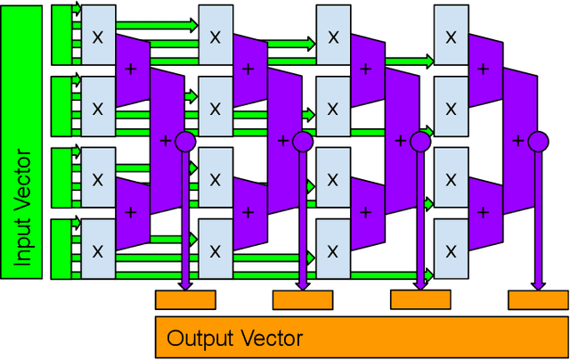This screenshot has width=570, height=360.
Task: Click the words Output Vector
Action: click(x=235, y=338)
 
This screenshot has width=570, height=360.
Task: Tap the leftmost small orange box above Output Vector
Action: click(x=185, y=299)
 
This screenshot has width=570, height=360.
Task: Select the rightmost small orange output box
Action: click(x=537, y=299)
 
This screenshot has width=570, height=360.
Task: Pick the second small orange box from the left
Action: click(x=303, y=299)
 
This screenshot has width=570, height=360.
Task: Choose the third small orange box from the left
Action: click(x=420, y=299)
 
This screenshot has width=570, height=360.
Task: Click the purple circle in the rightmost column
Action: click(x=537, y=141)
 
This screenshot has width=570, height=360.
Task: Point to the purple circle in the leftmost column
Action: click(x=185, y=141)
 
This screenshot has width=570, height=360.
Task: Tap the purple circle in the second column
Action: click(x=303, y=141)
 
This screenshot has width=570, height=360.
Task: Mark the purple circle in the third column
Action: click(x=420, y=141)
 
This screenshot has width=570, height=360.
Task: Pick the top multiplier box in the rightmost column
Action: click(x=451, y=37)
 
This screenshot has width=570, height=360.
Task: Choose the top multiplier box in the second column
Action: click(x=215, y=37)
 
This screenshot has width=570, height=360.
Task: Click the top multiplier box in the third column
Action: click(x=333, y=37)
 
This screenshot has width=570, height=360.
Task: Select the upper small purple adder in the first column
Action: click(x=132, y=69)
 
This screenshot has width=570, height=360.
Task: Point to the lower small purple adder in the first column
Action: click(x=132, y=211)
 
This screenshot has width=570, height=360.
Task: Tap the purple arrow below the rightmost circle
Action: click(x=537, y=223)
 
